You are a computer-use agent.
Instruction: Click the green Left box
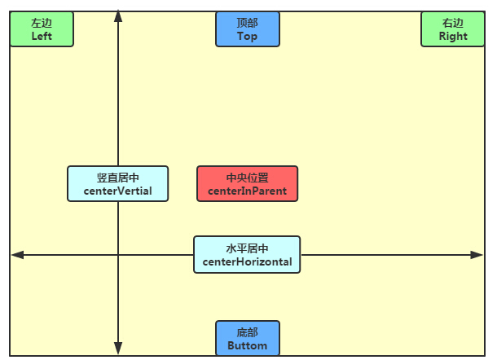click(x=42, y=29)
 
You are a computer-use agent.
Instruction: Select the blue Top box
click(x=247, y=29)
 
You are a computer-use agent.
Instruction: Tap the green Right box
click(x=453, y=29)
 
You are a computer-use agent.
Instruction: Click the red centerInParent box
click(x=247, y=183)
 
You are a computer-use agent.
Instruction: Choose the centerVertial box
click(x=117, y=183)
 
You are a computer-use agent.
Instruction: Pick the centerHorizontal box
click(x=247, y=254)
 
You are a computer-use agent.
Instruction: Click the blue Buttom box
click(x=247, y=338)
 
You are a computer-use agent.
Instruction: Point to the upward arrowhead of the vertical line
click(x=118, y=15)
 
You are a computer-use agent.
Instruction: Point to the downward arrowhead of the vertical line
click(x=118, y=349)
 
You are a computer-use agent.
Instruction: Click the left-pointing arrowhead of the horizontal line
click(x=17, y=255)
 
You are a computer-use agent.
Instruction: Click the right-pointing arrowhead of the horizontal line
click(x=477, y=255)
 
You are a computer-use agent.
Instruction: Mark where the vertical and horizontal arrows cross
click(x=118, y=255)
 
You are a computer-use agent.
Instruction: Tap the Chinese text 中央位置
click(x=247, y=177)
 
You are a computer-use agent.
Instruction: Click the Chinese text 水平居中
click(x=247, y=248)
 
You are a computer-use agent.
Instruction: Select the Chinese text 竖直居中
click(x=117, y=177)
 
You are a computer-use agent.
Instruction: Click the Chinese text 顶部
click(x=247, y=23)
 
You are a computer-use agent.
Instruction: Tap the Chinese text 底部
click(x=247, y=332)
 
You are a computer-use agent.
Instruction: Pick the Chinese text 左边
click(x=42, y=23)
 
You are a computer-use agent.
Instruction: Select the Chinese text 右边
click(x=453, y=23)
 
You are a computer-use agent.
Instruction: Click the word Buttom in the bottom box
click(x=247, y=345)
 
